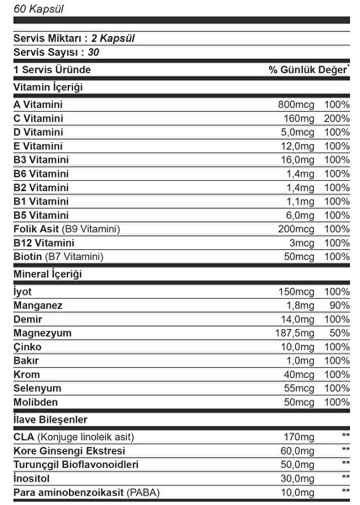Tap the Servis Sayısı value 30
[93, 52]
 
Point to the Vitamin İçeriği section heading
[49, 87]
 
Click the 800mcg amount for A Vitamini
[296, 104]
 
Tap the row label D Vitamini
[39, 132]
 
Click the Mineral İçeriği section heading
[49, 274]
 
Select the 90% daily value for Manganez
[340, 306]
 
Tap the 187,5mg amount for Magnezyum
[295, 332]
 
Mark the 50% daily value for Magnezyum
[340, 332]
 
